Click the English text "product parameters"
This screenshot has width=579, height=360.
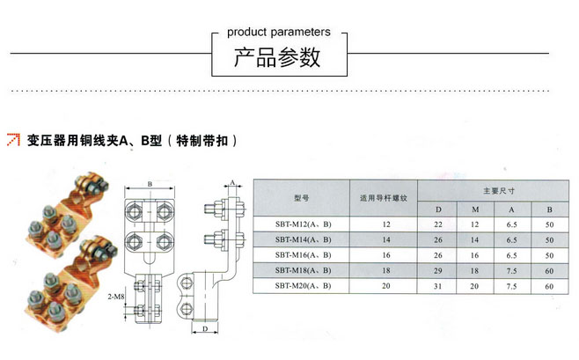pyautogui.click(x=279, y=32)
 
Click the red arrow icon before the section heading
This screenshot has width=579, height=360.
pyautogui.click(x=12, y=139)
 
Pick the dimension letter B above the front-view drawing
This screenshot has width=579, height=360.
pyautogui.click(x=150, y=184)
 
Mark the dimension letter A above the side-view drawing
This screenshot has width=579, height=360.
pyautogui.click(x=231, y=182)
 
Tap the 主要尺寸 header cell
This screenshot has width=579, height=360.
pyautogui.click(x=497, y=190)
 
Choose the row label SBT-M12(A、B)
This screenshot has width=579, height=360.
pyautogui.click(x=302, y=224)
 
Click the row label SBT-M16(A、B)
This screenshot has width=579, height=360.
pyautogui.click(x=302, y=254)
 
